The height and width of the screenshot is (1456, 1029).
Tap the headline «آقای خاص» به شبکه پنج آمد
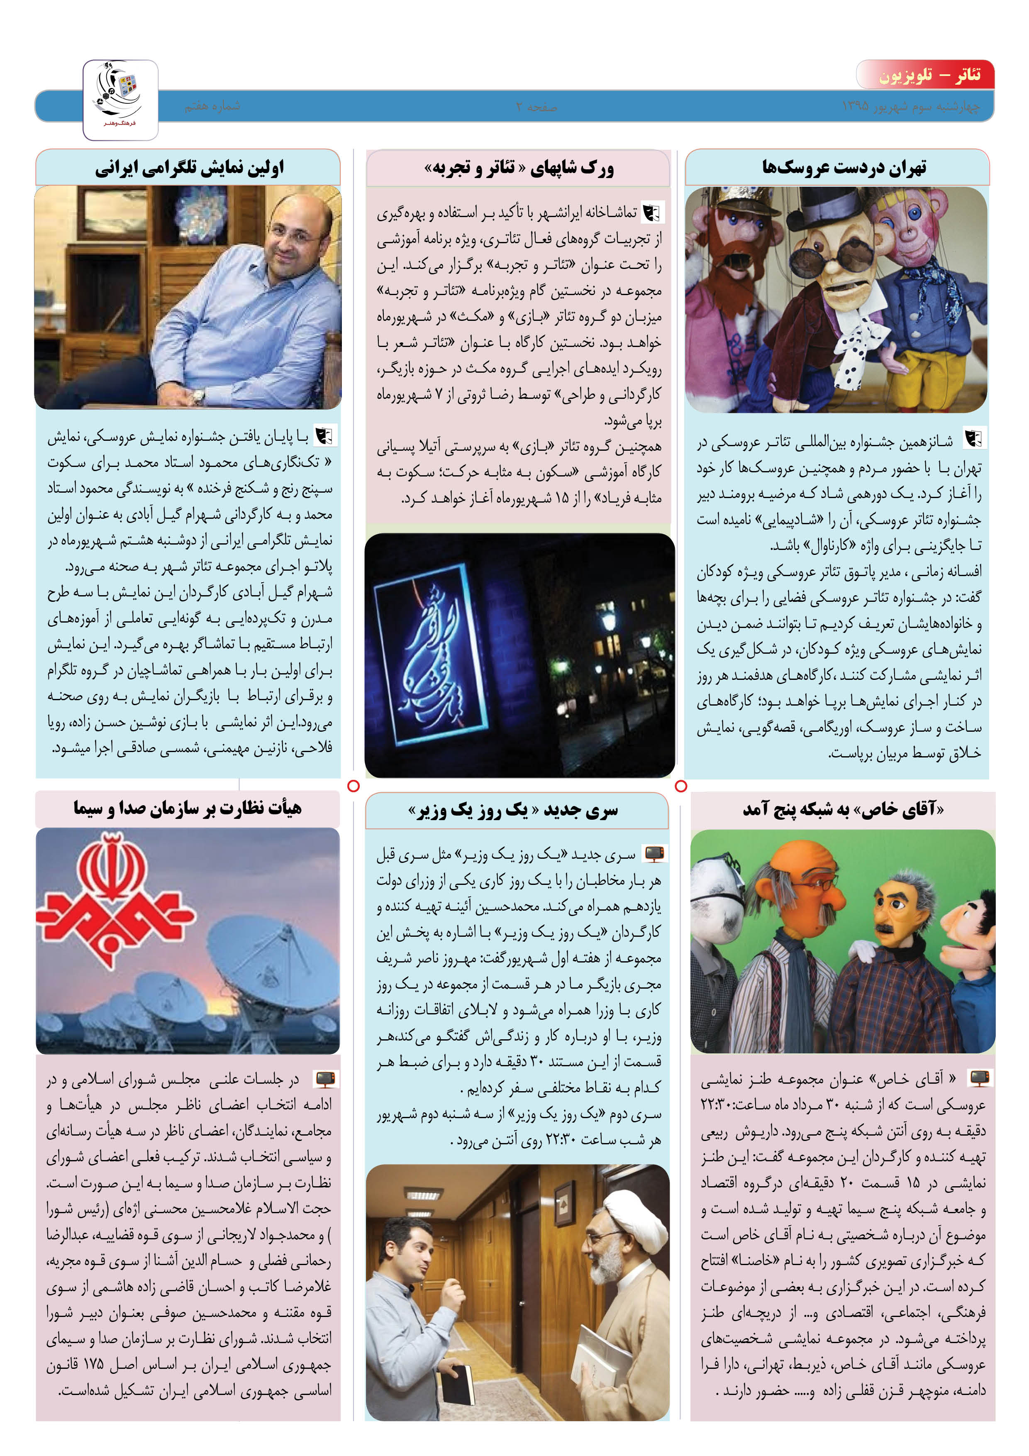pos(843,810)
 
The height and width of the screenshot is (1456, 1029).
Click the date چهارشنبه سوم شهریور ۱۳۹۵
pos(910,107)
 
